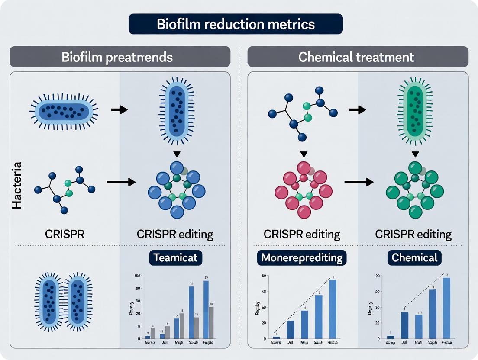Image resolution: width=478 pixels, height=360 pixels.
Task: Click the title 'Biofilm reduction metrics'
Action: click(x=236, y=24)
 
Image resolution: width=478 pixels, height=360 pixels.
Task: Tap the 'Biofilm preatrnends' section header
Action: click(x=117, y=57)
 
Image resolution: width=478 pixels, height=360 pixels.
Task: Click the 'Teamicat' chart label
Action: click(x=175, y=258)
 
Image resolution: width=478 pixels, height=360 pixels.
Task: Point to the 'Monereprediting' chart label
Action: click(x=302, y=258)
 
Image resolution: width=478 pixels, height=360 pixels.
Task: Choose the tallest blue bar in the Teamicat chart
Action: click(x=206, y=309)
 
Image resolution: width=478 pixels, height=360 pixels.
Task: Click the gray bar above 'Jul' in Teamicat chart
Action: click(x=168, y=332)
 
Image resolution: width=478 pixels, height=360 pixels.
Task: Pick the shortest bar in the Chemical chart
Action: click(x=391, y=337)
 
